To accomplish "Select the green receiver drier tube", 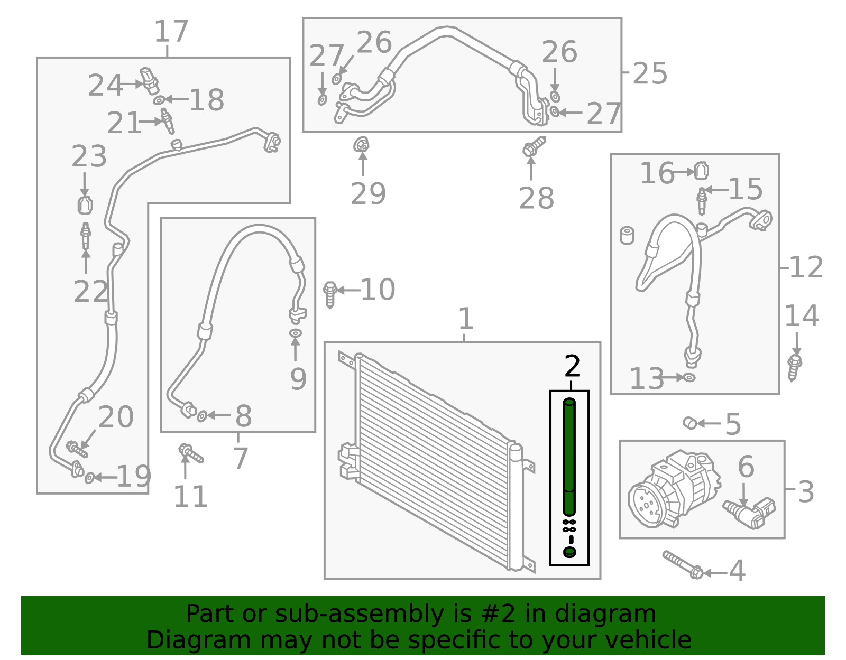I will coord(569,457).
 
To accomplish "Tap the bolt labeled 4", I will coord(682,565).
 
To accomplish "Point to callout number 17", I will coord(171,32).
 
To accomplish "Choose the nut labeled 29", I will coord(362,144).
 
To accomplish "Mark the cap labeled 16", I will coord(701,171).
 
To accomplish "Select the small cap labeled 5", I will coord(689,423).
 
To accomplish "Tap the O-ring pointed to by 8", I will coord(202,416).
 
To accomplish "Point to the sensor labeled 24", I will coord(149,79).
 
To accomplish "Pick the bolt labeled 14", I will coord(794,367).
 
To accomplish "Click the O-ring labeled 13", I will coord(689,377).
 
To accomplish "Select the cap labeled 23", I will coord(85,205).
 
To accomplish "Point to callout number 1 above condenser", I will coord(465,319).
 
